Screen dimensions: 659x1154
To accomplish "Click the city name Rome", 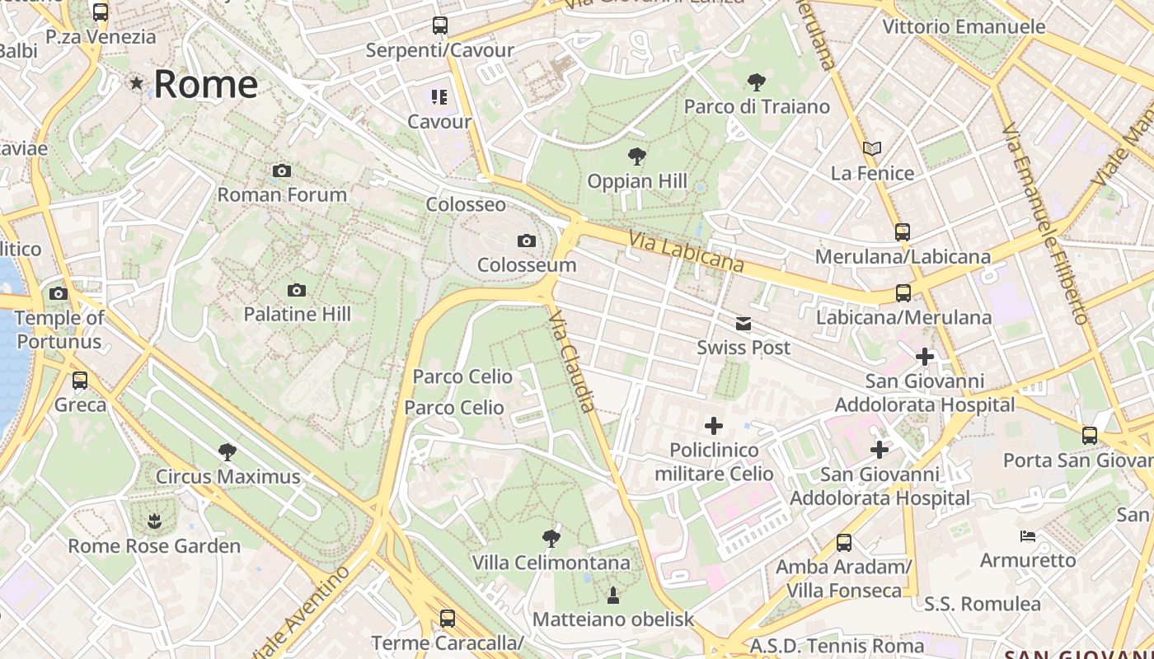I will pyautogui.click(x=206, y=84).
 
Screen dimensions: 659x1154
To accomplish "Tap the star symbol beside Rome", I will pyautogui.click(x=136, y=83).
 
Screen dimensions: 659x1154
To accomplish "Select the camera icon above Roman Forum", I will pyautogui.click(x=282, y=171).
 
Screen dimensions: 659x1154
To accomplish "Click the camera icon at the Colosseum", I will pyautogui.click(x=526, y=241).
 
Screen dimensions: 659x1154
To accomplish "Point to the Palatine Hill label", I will pyautogui.click(x=297, y=314).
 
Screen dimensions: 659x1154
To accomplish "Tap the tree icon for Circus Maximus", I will pyautogui.click(x=228, y=451).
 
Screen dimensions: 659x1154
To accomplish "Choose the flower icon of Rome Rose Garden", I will pyautogui.click(x=154, y=521).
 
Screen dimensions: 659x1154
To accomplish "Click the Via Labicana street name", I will pyautogui.click(x=686, y=251).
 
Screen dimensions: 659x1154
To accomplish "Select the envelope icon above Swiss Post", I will pyautogui.click(x=744, y=324).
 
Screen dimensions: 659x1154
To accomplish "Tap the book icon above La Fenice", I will pyautogui.click(x=872, y=149).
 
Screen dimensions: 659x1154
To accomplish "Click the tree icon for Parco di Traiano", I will pyautogui.click(x=756, y=82).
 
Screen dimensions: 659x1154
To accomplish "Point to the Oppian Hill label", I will pyautogui.click(x=637, y=181).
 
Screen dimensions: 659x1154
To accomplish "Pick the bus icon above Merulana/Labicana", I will pyautogui.click(x=903, y=232).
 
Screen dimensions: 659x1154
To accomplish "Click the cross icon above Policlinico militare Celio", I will pyautogui.click(x=714, y=426).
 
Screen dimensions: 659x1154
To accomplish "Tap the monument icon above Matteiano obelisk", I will pyautogui.click(x=613, y=594).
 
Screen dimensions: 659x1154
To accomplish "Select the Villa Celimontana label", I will pyautogui.click(x=551, y=563).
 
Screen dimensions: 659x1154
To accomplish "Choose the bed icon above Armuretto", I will pyautogui.click(x=1028, y=536).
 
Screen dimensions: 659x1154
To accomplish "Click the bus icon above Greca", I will pyautogui.click(x=80, y=381).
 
